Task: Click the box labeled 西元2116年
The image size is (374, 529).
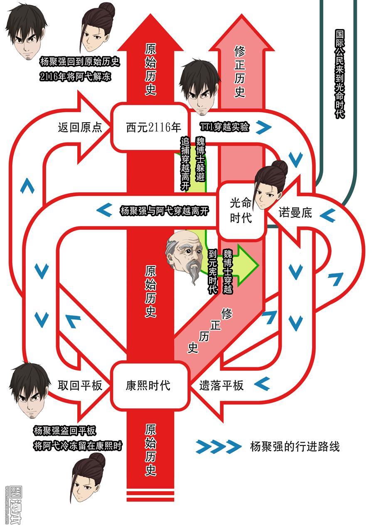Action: (150, 127)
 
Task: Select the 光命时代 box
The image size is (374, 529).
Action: (241, 210)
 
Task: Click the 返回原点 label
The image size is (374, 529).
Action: (80, 127)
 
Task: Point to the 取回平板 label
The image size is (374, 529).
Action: (80, 385)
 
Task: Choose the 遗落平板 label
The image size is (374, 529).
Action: (221, 385)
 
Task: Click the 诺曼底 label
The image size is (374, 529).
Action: (295, 212)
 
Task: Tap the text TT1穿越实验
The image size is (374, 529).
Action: (224, 127)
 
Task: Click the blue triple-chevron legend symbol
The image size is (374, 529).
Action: (219, 446)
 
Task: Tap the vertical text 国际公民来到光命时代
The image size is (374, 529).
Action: (340, 74)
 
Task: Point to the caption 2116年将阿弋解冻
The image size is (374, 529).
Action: (75, 76)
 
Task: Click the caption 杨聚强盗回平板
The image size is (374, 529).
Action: (65, 431)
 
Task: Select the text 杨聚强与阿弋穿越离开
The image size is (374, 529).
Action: (165, 211)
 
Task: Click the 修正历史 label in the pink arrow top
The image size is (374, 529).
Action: (240, 71)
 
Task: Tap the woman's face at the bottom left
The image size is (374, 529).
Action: (88, 478)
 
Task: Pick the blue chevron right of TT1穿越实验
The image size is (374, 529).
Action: (264, 127)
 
